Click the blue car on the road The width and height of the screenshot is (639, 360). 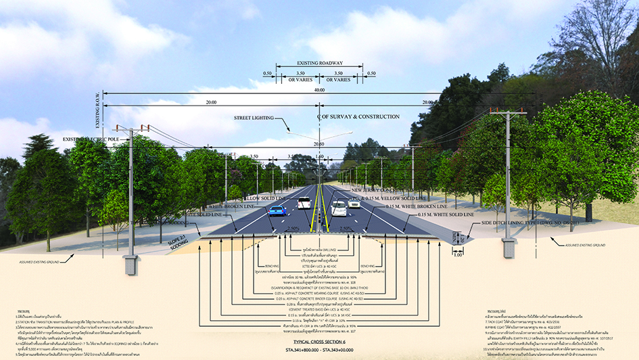(277, 210)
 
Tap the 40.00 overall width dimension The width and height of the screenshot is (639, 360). (319, 90)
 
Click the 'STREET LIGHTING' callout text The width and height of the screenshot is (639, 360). (254, 118)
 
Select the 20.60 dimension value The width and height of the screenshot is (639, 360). (319, 143)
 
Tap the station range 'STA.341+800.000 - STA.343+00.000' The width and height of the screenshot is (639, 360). (319, 353)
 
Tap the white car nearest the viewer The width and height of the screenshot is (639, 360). (339, 208)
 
